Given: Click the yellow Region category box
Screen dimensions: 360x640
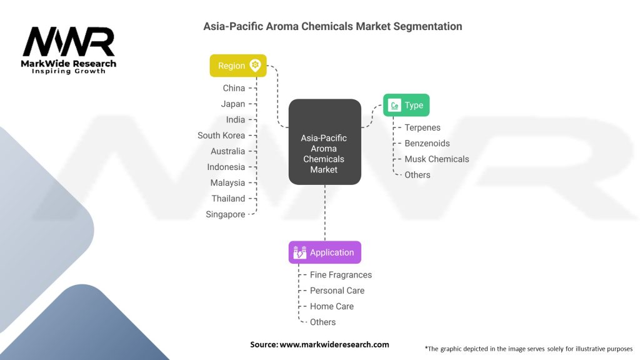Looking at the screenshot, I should pyautogui.click(x=238, y=66).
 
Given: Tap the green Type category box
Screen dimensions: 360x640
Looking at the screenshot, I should pyautogui.click(x=406, y=106).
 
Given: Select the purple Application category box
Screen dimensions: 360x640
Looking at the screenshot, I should pyautogui.click(x=324, y=252).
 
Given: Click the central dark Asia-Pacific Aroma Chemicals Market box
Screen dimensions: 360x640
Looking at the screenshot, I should pyautogui.click(x=324, y=142).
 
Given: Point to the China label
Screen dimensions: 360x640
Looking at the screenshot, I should pyautogui.click(x=234, y=88).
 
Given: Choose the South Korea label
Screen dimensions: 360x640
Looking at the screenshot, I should pyautogui.click(x=221, y=136).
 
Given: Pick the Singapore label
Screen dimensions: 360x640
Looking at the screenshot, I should pyautogui.click(x=226, y=214).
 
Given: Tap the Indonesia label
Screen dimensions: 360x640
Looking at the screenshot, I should pyautogui.click(x=226, y=167).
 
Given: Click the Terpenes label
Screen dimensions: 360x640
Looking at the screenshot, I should pyautogui.click(x=422, y=127).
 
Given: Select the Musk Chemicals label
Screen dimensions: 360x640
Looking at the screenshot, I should pyautogui.click(x=437, y=159).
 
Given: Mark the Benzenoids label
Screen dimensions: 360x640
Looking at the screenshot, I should pyautogui.click(x=427, y=143).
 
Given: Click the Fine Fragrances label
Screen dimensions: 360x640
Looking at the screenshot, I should pyautogui.click(x=341, y=274).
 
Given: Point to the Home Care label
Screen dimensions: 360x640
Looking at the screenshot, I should pyautogui.click(x=332, y=306).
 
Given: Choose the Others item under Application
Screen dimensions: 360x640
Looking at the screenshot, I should pyautogui.click(x=322, y=322).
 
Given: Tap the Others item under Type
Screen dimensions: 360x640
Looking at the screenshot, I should pyautogui.click(x=417, y=175).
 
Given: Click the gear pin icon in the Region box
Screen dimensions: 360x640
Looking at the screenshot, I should pyautogui.click(x=255, y=66).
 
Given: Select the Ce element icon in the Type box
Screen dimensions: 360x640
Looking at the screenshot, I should pyautogui.click(x=394, y=106).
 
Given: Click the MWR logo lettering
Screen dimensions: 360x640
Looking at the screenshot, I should pyautogui.click(x=69, y=42).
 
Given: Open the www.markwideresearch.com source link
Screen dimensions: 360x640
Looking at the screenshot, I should pyautogui.click(x=334, y=344).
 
